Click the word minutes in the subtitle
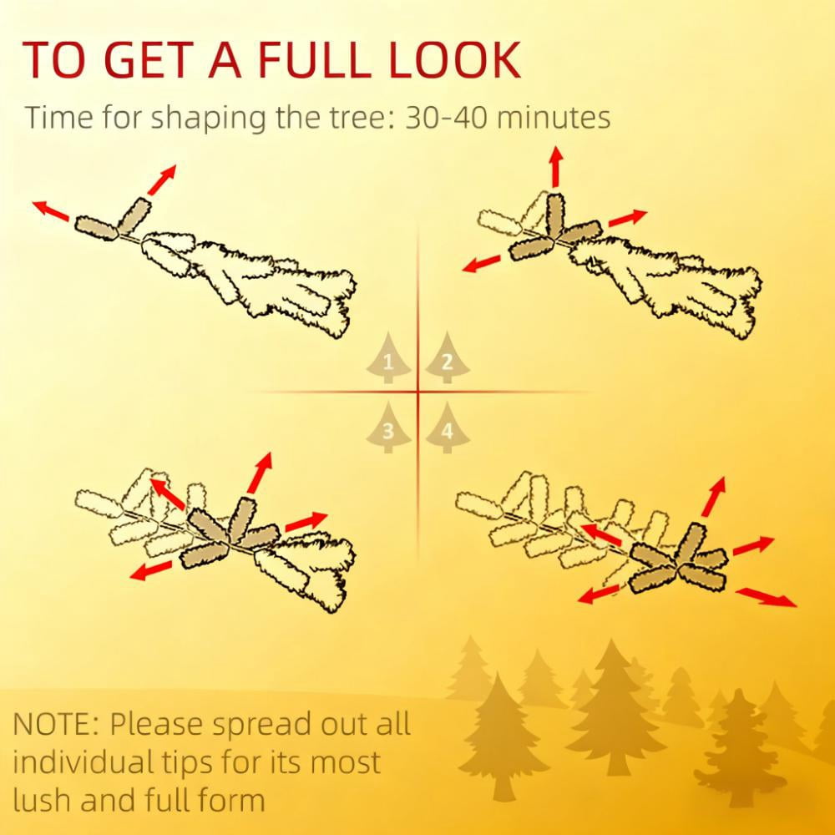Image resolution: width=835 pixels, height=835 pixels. click(554, 118)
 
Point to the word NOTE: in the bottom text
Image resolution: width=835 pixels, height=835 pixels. click(55, 724)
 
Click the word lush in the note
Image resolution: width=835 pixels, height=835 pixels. click(42, 799)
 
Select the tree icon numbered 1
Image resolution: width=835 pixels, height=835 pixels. click(388, 358)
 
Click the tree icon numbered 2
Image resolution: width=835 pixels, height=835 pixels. click(448, 358)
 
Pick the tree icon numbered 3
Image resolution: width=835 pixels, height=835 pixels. click(388, 428)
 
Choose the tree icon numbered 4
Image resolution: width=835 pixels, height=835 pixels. click(448, 428)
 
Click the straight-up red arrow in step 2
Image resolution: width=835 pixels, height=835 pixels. click(556, 166)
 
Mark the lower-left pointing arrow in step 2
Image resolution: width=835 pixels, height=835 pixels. click(482, 264)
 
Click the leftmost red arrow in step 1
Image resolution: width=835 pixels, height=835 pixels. click(51, 210)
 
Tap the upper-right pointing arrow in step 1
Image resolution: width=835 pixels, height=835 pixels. click(162, 180)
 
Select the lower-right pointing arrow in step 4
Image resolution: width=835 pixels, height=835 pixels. click(767, 597)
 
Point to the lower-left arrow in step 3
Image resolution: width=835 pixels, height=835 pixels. click(151, 569)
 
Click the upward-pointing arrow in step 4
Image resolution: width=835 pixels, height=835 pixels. click(714, 496)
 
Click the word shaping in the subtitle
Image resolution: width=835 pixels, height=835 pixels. click(208, 119)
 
